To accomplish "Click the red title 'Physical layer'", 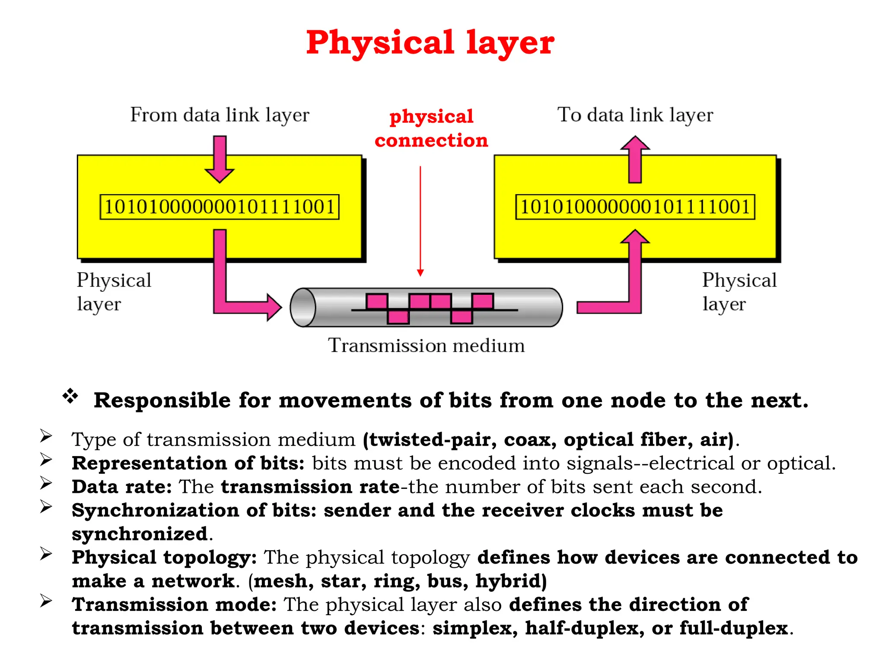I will point(430,43).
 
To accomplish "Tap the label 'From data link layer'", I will point(220,115).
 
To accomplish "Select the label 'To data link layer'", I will point(635,115).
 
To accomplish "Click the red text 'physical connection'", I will point(431,128).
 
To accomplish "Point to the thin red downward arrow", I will point(420,220).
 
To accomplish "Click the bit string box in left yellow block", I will point(220,207).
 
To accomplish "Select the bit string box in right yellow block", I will point(635,207).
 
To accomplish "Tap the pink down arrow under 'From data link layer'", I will point(220,160).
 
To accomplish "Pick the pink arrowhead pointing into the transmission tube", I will point(273,307).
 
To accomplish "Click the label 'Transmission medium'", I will point(426,346).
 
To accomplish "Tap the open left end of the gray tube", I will point(303,307).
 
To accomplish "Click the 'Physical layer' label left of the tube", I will point(114,292).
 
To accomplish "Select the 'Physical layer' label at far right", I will point(739,292).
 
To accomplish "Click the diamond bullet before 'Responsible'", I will point(70,396).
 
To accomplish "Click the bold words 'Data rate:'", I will point(122,487).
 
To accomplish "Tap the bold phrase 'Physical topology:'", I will point(164,558).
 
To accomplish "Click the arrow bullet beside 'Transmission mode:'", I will point(46,601).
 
